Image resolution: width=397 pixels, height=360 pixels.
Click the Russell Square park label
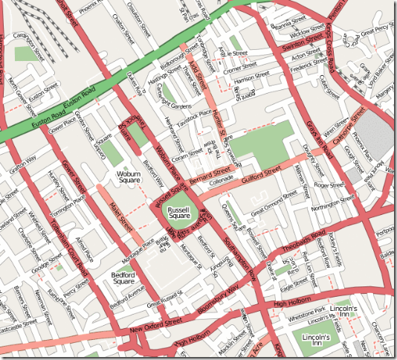(x=180, y=215)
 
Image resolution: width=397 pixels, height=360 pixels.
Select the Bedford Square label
(x=123, y=277)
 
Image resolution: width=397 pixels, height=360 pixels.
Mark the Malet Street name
(x=120, y=216)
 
